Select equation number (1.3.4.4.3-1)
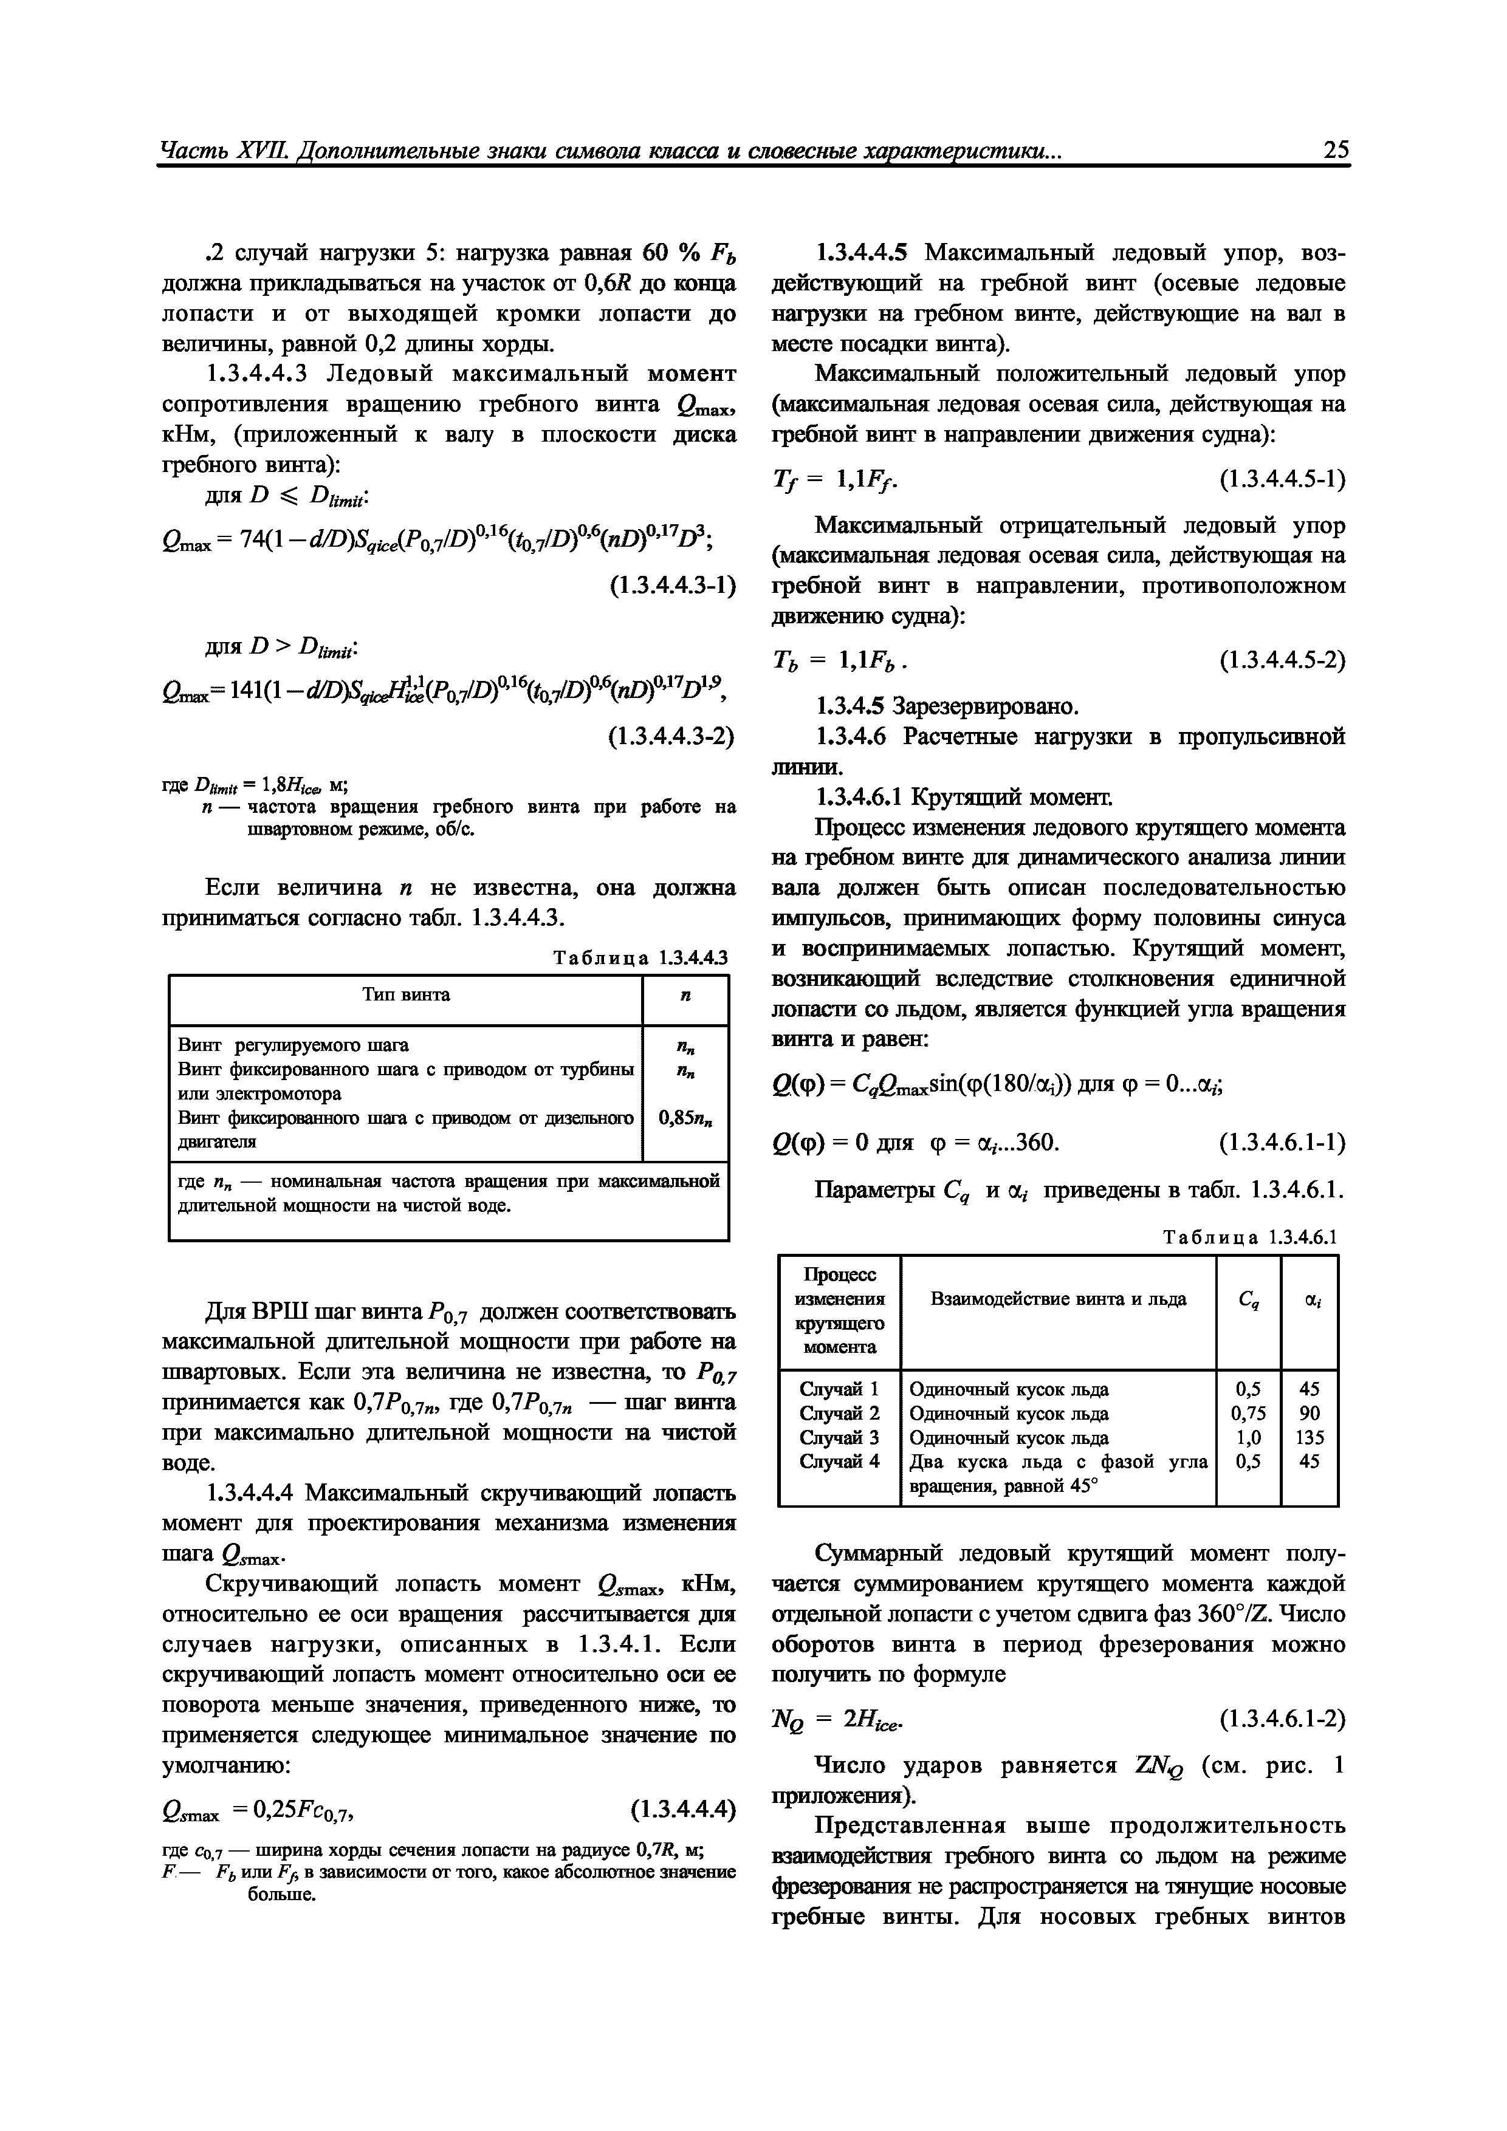pyautogui.click(x=671, y=586)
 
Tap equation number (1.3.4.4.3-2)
pyautogui.click(x=671, y=736)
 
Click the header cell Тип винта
pyautogui.click(x=406, y=995)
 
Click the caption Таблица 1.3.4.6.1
pyautogui.click(x=1251, y=1237)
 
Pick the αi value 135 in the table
pyautogui.click(x=1310, y=1438)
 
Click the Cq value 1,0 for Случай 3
pyautogui.click(x=1248, y=1438)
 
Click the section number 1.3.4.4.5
pyautogui.click(x=865, y=253)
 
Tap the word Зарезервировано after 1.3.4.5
pyautogui.click(x=986, y=706)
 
